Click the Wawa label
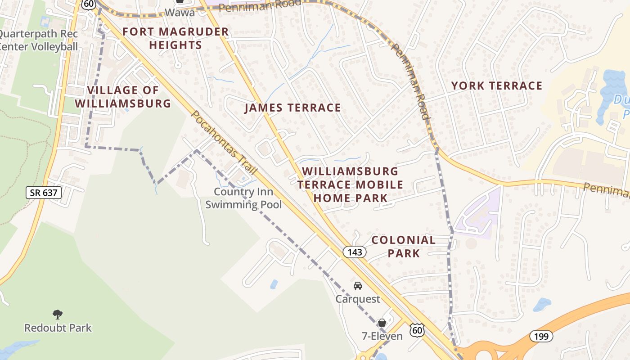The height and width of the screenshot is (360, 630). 180,12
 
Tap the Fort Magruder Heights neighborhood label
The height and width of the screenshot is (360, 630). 175,38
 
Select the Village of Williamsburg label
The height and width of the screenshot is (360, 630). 123,97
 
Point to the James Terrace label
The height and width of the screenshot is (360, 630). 292,108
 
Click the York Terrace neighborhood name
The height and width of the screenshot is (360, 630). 497,85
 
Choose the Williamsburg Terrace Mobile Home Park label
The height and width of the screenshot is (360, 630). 350,184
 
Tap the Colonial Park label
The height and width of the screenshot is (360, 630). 404,246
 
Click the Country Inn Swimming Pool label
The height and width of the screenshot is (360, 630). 243,198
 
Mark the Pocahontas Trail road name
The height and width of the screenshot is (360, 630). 224,143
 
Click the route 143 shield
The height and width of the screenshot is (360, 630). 355,252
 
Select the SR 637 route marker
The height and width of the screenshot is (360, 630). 43,193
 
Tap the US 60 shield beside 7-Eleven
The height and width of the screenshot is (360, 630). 417,330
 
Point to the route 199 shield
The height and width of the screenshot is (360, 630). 540,336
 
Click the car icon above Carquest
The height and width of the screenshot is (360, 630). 358,286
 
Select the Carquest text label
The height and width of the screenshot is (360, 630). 358,299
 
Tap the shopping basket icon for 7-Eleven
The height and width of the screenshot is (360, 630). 382,323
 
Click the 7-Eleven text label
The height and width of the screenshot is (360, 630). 382,336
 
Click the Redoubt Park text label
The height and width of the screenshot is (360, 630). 58,328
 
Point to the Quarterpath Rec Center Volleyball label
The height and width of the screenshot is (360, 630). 38,40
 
